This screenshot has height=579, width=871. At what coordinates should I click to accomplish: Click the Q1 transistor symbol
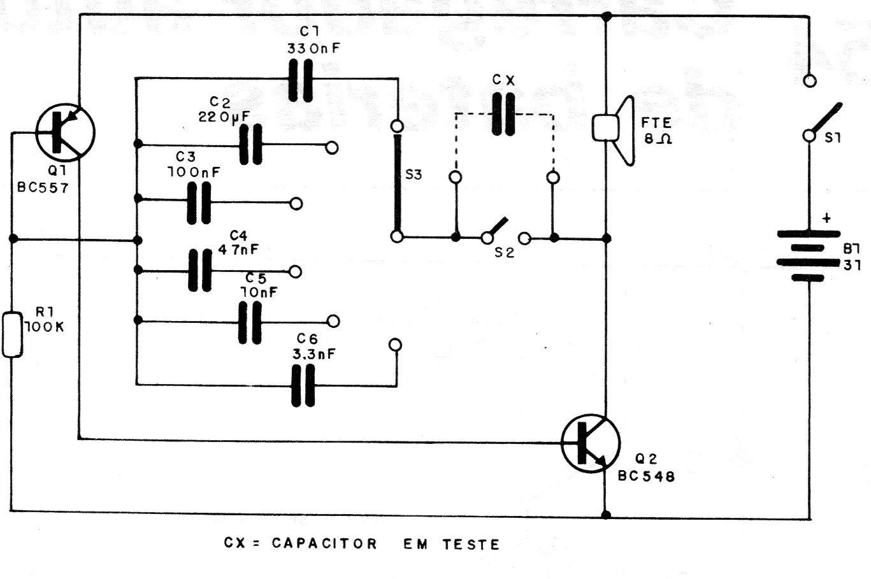click(x=64, y=132)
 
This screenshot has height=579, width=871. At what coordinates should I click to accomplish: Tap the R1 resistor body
click(x=11, y=334)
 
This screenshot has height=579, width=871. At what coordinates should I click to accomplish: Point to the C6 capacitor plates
click(x=303, y=385)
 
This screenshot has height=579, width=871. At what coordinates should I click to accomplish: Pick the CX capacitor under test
click(x=503, y=114)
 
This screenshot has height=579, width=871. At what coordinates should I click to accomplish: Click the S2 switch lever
click(x=499, y=228)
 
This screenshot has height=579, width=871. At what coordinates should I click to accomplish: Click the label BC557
click(x=44, y=188)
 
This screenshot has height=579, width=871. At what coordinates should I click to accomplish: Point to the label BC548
click(x=646, y=476)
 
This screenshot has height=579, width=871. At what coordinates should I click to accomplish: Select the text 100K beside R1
click(x=43, y=327)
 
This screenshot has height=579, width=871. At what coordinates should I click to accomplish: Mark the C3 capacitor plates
click(x=199, y=203)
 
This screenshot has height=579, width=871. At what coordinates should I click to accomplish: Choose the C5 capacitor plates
click(x=250, y=322)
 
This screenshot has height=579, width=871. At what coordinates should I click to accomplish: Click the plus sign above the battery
click(x=826, y=218)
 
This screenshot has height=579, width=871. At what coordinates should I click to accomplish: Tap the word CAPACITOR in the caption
click(x=324, y=543)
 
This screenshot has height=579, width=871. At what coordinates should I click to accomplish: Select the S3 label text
click(x=414, y=175)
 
